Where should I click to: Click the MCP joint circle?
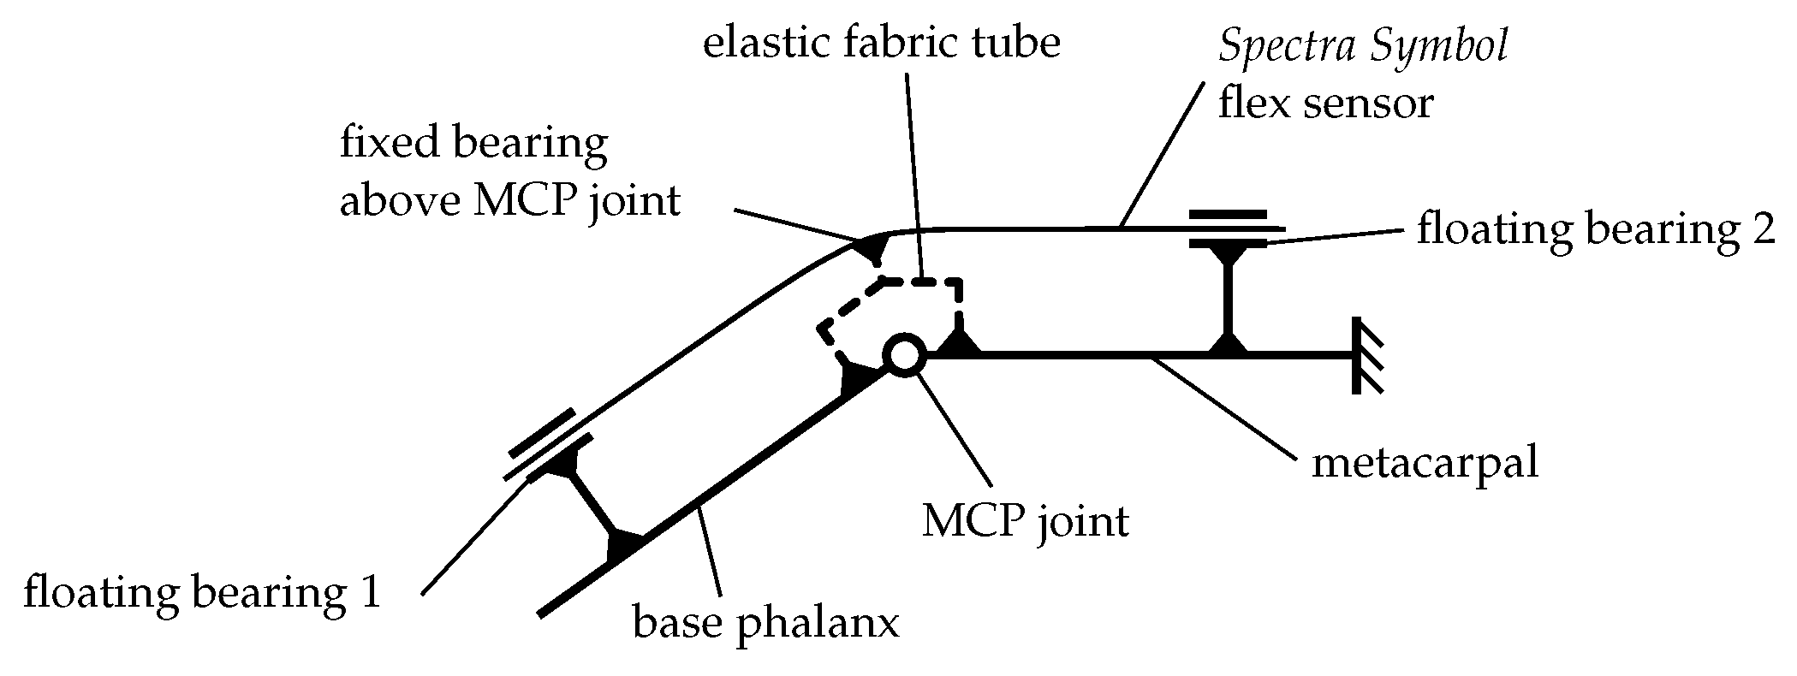pos(903,354)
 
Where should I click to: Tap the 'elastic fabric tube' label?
pos(881,43)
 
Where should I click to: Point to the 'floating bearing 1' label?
pos(202,593)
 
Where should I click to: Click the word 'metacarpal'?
pos(1425,463)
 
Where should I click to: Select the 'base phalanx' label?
pos(765,623)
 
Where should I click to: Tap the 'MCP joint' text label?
pos(1025,520)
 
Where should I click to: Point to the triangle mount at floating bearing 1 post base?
pos(623,546)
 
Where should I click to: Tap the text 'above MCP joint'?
pos(509,202)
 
